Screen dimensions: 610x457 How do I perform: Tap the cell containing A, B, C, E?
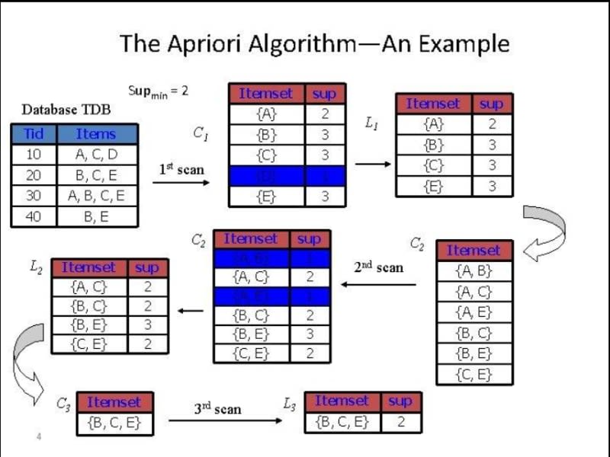[96, 195]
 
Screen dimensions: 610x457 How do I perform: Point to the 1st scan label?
[181, 169]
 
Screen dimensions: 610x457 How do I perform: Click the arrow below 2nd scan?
[378, 285]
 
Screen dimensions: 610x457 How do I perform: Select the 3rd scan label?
[217, 409]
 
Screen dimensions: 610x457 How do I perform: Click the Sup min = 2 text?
[158, 91]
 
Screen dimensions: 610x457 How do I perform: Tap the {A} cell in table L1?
[434, 124]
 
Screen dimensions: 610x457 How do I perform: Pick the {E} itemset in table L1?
[434, 185]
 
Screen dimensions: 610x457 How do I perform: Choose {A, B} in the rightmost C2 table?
[474, 270]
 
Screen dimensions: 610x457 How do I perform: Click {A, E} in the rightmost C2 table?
[474, 312]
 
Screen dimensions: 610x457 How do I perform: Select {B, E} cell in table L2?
[88, 324]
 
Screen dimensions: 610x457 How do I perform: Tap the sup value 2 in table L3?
[400, 421]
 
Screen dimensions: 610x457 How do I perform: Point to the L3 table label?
[290, 404]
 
